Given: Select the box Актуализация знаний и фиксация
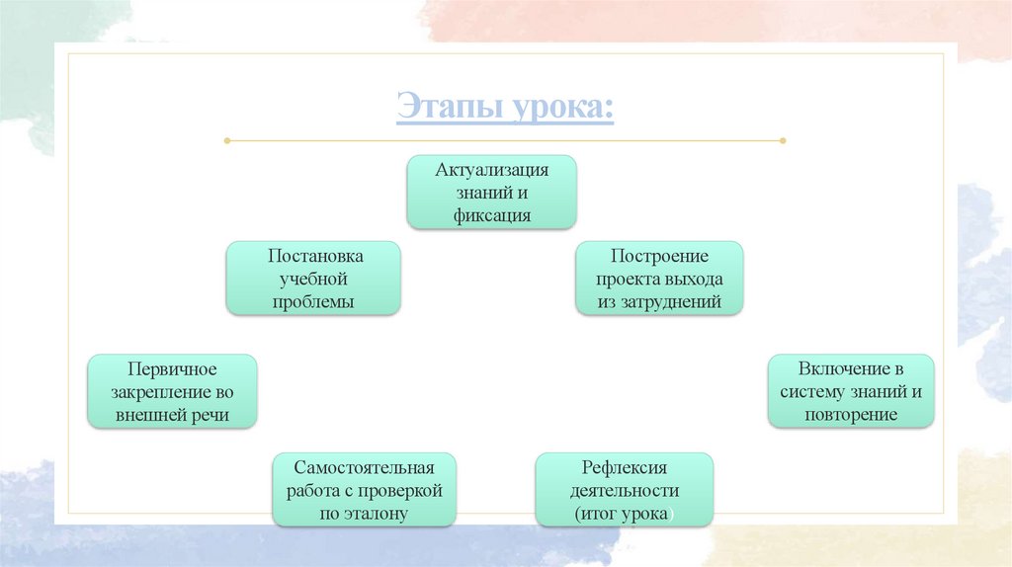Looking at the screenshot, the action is [492, 192].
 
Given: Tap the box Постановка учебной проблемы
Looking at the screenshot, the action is [313, 278].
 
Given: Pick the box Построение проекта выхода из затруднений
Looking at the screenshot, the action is [659, 278].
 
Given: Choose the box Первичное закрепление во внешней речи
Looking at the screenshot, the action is [172, 391].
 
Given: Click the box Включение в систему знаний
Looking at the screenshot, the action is [850, 390].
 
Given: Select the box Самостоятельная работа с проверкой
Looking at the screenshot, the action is [364, 490].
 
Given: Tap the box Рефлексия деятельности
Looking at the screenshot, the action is [624, 490].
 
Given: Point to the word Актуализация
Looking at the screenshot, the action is [492, 169].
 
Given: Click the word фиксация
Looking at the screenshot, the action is [492, 215].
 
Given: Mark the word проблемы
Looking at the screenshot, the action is [313, 301].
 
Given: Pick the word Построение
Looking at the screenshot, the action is [659, 255].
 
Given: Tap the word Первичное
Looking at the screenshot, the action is [172, 368].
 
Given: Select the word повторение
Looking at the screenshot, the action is [850, 415].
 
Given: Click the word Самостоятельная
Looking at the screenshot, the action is [364, 466].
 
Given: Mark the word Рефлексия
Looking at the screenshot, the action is [624, 466].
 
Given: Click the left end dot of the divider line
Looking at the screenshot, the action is [227, 141].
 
